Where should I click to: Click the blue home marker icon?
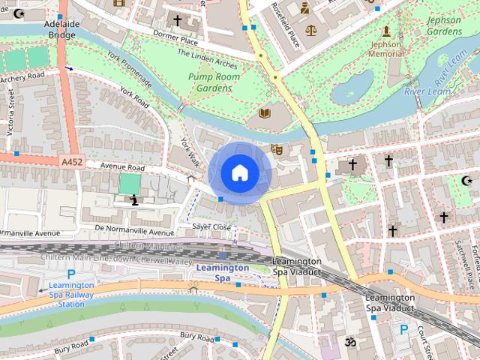click(x=239, y=172)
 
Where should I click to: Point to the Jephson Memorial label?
click(x=386, y=49)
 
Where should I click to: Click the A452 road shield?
click(x=72, y=160)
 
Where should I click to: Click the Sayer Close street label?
click(x=211, y=226)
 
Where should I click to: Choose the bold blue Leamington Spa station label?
click(x=222, y=272)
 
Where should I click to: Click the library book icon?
click(x=263, y=114)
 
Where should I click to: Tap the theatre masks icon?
click(x=276, y=149)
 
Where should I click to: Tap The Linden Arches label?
click(x=208, y=58)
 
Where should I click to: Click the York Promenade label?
click(x=130, y=70)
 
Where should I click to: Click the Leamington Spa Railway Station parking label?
click(x=71, y=294)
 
